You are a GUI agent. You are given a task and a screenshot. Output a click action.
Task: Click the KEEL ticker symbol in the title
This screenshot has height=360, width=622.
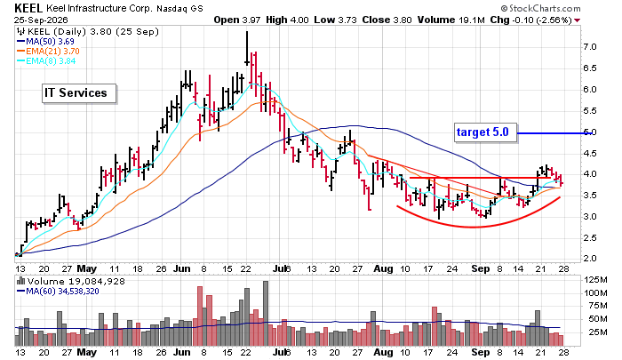(x=28, y=7)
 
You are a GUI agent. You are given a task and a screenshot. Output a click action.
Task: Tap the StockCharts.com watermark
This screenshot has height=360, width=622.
(x=540, y=8)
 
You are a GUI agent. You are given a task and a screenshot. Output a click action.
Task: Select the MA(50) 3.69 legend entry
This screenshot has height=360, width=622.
(x=45, y=41)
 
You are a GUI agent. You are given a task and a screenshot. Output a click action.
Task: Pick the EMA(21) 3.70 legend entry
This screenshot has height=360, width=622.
(x=48, y=52)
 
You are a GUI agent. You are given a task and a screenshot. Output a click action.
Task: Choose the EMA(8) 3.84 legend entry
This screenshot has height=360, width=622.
(x=46, y=61)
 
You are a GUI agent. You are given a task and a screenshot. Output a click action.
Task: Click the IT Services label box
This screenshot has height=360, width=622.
(x=79, y=93)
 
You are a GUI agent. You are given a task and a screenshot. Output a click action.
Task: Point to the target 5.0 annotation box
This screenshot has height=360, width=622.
(x=486, y=132)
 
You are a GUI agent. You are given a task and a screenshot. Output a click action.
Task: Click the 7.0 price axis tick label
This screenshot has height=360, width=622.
(x=589, y=47)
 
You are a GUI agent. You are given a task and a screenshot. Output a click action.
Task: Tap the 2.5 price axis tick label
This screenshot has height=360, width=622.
(x=589, y=237)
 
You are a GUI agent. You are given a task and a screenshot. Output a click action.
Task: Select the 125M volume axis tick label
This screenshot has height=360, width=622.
(x=595, y=280)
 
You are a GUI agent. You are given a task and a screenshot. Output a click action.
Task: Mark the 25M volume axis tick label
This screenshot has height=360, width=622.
(x=598, y=332)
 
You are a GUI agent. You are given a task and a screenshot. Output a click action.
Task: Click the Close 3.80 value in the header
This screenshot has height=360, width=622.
(x=387, y=20)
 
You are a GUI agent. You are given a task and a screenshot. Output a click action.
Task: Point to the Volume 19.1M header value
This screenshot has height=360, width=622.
(x=451, y=20)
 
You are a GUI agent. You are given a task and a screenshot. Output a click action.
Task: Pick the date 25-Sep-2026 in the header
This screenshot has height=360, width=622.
(x=41, y=20)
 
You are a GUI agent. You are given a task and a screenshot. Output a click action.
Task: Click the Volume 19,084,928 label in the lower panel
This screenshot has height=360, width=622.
(x=70, y=282)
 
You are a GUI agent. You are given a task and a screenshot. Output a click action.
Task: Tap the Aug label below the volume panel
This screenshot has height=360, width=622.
(x=383, y=352)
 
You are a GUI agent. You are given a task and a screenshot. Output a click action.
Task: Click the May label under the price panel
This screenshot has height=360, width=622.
(x=86, y=268)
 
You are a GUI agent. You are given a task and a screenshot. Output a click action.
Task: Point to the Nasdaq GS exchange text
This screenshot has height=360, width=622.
(x=179, y=8)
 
